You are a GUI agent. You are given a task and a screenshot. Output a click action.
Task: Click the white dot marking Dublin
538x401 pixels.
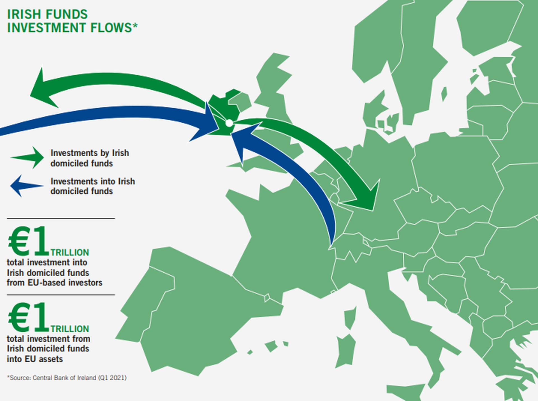pos(229,123)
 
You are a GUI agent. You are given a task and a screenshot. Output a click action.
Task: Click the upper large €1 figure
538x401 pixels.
pos(28,242)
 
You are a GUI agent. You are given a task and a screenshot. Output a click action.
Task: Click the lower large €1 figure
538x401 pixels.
pos(28,317)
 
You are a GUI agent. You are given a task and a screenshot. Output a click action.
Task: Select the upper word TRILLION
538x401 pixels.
pos(70,252)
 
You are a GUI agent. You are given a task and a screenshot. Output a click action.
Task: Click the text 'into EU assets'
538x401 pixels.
pos(35,359)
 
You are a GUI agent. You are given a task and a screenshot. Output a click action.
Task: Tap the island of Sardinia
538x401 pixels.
pos(346,350)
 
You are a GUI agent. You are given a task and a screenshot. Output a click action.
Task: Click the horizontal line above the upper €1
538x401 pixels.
pos(61,218)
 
